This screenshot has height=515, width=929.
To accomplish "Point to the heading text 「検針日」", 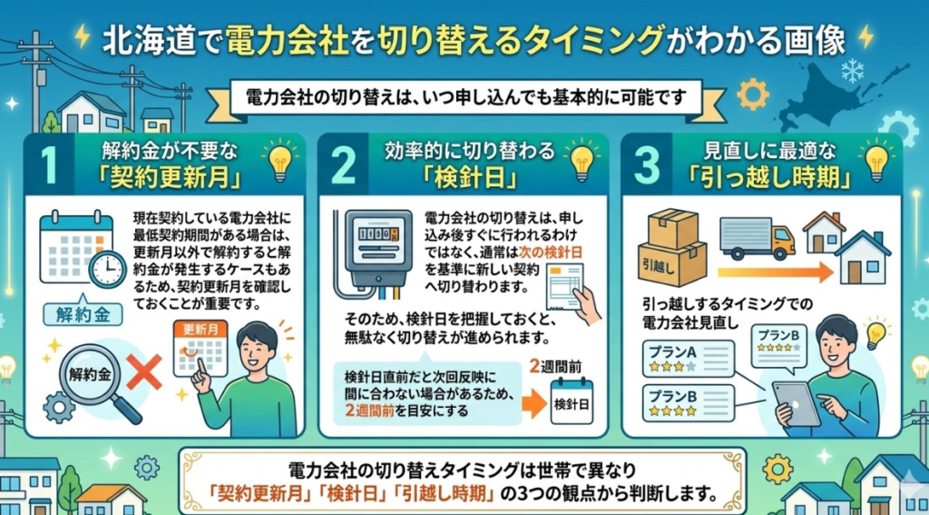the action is [x=464, y=179].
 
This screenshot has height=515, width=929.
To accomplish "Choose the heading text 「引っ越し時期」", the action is [x=766, y=179].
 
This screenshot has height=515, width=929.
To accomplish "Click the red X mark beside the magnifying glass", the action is [x=144, y=372].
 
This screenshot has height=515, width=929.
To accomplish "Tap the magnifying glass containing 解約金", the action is [x=94, y=381].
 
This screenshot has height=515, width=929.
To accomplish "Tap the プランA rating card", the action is [x=689, y=359].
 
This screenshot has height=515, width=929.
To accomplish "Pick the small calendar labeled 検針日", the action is [x=572, y=401].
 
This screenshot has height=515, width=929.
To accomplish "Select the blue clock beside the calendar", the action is [x=107, y=270].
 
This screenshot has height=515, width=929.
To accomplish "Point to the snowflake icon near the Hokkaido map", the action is [x=852, y=73].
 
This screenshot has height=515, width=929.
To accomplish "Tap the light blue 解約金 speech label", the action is [x=83, y=313].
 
